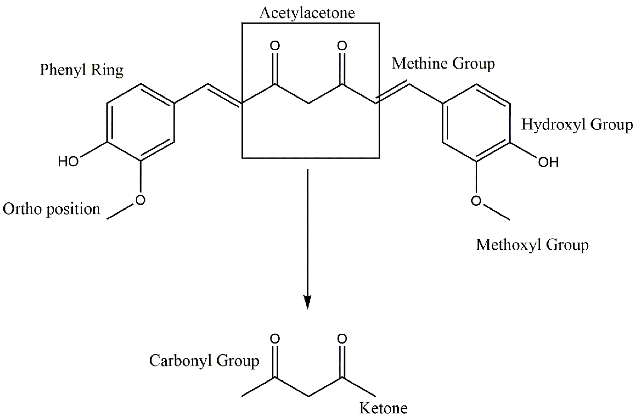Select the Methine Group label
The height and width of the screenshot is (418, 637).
pos(443,64)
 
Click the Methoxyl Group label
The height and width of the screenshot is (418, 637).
pos(532,245)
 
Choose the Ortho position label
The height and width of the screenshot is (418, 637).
pos(51,209)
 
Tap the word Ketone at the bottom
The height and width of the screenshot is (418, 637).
pos(383,408)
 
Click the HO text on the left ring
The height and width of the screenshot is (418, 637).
pos(69,162)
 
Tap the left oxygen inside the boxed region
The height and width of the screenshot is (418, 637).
pos(275,46)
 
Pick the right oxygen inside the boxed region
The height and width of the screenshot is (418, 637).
pos(342,46)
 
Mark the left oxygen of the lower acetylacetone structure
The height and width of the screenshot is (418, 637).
pos(275,339)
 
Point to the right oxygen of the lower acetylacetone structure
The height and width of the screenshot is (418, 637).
pos(342,339)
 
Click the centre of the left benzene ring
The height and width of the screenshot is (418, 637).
pos(141,123)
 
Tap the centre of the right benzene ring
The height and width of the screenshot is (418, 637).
pos(476,123)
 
